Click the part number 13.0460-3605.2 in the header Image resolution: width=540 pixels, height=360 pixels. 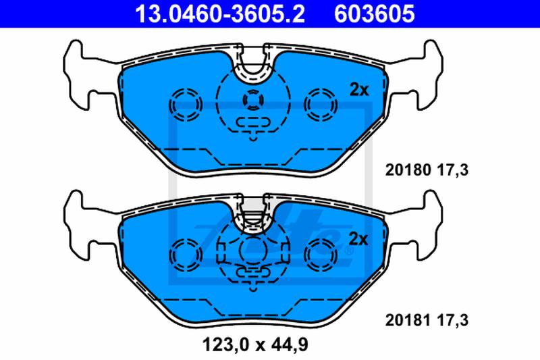point(220,14)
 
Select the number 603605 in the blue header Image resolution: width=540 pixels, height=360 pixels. point(375,14)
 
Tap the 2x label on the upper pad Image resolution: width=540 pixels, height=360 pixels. point(359,90)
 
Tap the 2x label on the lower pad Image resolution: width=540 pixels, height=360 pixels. point(358,238)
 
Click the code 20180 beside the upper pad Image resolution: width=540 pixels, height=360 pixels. point(408,170)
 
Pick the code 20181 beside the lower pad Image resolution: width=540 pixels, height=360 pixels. point(408,320)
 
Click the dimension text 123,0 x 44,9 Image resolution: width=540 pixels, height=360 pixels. point(255,344)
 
